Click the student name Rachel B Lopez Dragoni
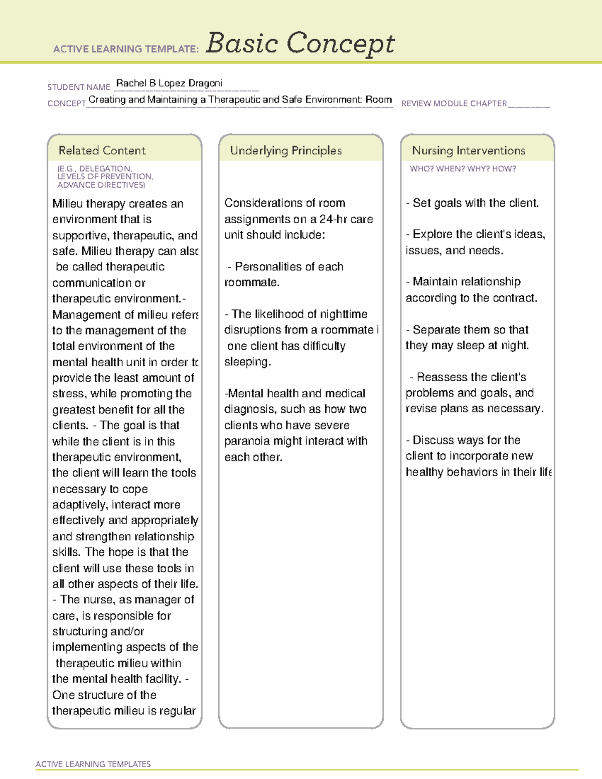tap(169, 83)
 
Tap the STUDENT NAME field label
tap(79, 87)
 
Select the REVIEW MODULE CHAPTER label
tap(454, 104)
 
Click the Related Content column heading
tap(102, 150)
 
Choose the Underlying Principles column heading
tap(285, 150)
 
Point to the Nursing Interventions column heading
tap(468, 150)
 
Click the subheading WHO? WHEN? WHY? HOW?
tap(463, 169)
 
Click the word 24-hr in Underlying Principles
tap(341, 219)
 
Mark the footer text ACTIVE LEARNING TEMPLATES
tap(93, 764)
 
